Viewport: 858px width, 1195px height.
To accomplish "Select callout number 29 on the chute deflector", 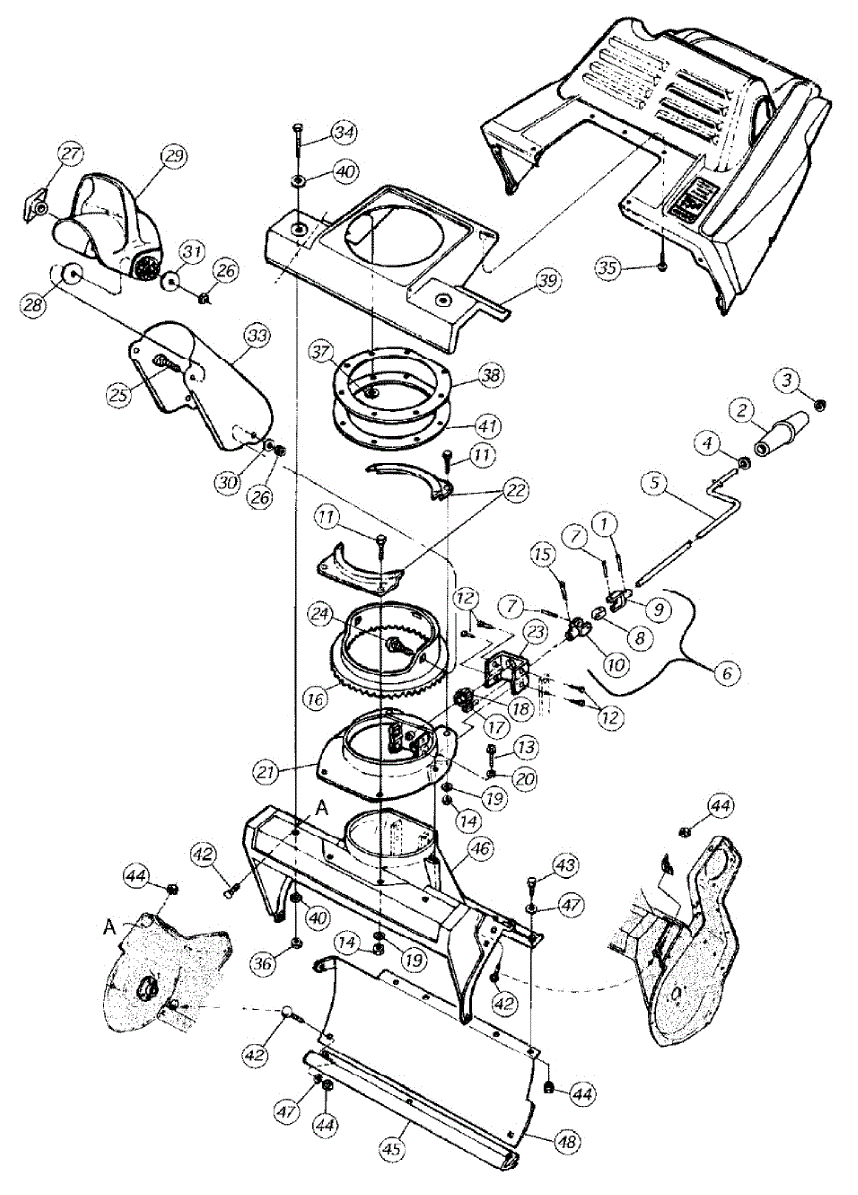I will pyautogui.click(x=175, y=155).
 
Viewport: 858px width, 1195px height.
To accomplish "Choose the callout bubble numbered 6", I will pyautogui.click(x=727, y=673).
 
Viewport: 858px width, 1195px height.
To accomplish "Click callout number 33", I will pyautogui.click(x=257, y=338).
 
